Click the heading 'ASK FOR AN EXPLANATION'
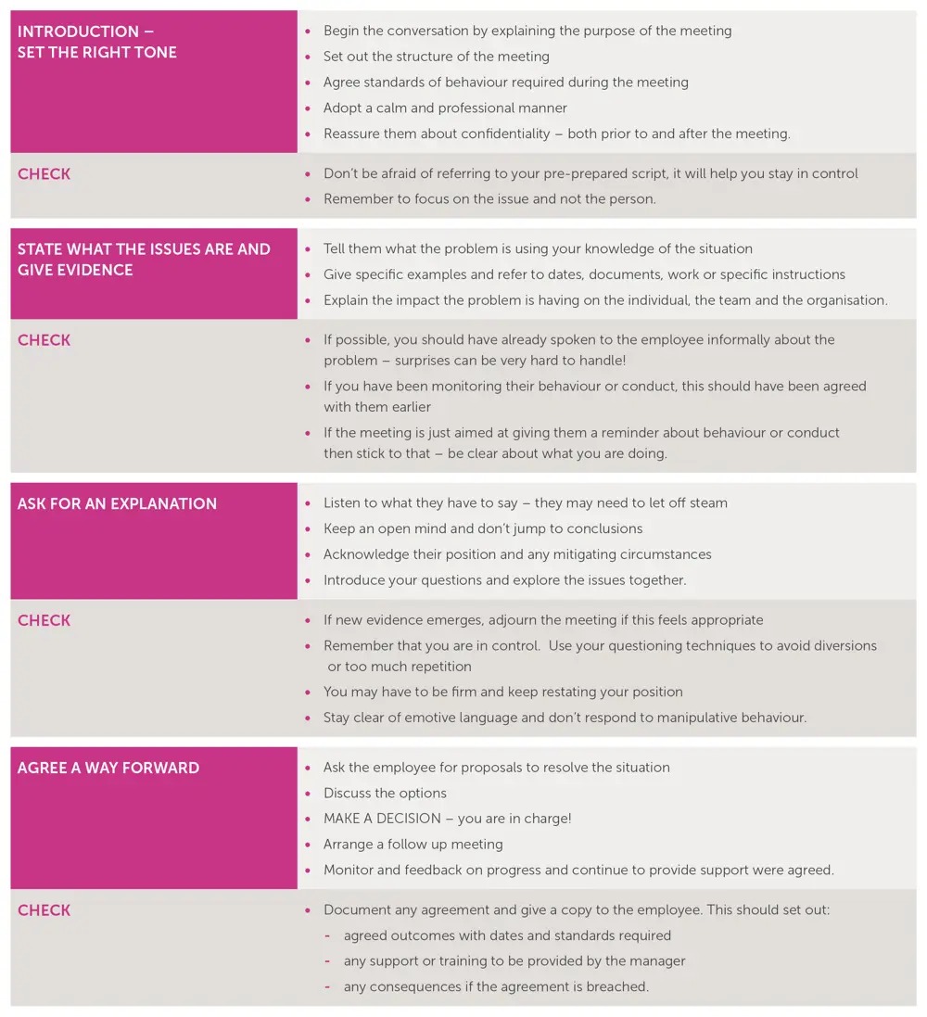tap(117, 503)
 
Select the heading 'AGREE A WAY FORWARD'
tap(108, 768)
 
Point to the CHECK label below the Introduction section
tap(44, 174)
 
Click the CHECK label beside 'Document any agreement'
tap(44, 910)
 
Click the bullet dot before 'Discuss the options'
tap(308, 794)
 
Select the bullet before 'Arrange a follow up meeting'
tap(308, 845)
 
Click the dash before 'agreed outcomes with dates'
tap(327, 935)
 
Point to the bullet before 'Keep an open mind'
tap(308, 528)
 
